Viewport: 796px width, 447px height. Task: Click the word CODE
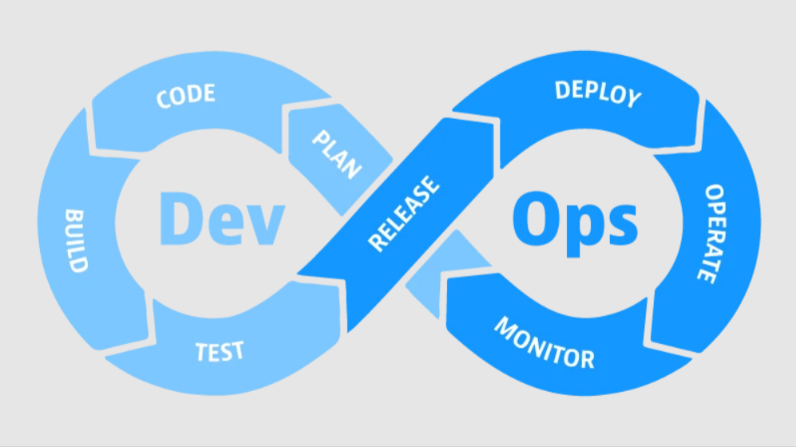185,96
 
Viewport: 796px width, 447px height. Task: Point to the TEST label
220,350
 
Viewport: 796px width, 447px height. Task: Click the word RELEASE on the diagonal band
403,214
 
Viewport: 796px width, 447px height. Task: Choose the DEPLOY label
598,93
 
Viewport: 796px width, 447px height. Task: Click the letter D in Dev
179,216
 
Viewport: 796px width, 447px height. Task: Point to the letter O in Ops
534,216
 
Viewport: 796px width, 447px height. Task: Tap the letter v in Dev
265,224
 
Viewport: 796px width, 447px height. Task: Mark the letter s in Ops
620,224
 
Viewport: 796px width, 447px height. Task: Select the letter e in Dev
224,224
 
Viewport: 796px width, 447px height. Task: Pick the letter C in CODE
164,100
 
